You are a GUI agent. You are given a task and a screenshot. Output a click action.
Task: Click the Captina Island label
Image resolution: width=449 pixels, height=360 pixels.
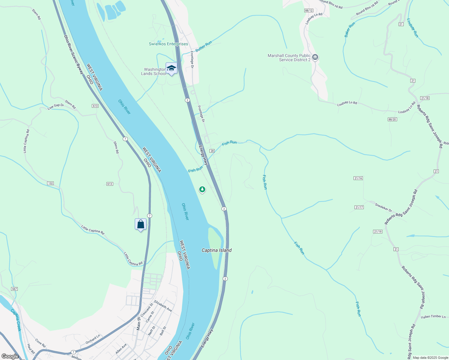[x=216, y=250]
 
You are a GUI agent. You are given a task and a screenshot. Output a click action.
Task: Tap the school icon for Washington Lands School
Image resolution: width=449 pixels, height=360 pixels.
[x=171, y=68]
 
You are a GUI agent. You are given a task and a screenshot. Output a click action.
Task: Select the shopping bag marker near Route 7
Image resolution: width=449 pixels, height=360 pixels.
[x=140, y=224]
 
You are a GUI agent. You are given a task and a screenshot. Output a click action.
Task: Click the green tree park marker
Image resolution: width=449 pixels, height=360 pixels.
[x=202, y=189]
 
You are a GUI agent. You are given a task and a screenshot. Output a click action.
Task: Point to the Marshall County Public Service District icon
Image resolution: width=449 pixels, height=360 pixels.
[x=315, y=57]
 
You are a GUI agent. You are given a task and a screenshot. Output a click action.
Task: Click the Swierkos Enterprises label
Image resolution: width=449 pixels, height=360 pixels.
[x=168, y=44]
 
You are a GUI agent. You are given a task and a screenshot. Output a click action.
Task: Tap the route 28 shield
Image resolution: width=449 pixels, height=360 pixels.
[x=212, y=151]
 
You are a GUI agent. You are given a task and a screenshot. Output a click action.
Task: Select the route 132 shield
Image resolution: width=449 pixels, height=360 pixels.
[x=50, y=183]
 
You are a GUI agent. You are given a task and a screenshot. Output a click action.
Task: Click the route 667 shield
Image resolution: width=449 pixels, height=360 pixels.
[x=14, y=289]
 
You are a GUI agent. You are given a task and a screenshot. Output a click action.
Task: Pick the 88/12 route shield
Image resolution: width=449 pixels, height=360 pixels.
[x=309, y=10]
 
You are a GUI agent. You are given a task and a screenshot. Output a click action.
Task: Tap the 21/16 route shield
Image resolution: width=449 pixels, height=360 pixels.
[x=358, y=178]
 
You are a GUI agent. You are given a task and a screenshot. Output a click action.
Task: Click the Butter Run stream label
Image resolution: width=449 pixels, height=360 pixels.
[x=203, y=46]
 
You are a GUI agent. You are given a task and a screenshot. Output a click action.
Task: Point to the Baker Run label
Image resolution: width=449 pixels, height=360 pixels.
[x=350, y=29]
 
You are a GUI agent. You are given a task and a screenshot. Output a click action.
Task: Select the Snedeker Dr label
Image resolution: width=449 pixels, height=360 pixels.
[x=383, y=207]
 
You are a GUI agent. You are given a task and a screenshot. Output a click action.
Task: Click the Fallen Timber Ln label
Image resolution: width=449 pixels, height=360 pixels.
[x=433, y=317]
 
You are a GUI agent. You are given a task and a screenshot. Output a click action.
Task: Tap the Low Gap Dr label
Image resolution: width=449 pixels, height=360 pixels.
[x=56, y=106]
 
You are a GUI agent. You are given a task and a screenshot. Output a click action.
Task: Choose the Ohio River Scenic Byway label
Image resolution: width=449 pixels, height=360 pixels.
[x=74, y=54]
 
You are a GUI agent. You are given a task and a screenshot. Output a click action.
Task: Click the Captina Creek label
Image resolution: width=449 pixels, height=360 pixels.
[x=16, y=320]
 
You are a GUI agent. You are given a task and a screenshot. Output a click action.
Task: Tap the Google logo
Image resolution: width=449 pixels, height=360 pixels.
[x=10, y=356]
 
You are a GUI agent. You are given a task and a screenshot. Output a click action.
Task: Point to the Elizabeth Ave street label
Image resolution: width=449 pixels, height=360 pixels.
[x=163, y=306]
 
